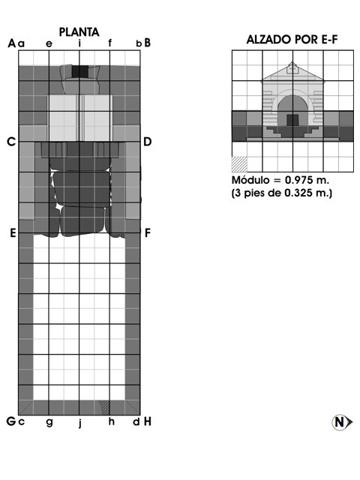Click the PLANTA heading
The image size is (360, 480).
pos(79,31)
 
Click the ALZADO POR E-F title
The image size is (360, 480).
pos(292,40)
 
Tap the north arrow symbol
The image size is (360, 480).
pos(342,422)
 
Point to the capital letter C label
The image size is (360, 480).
pos(11,142)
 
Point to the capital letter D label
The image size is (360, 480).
pos(147,142)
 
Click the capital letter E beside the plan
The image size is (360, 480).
pos(13,233)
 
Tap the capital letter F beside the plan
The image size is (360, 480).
pos(148,233)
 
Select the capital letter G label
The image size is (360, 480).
pos(11,421)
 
